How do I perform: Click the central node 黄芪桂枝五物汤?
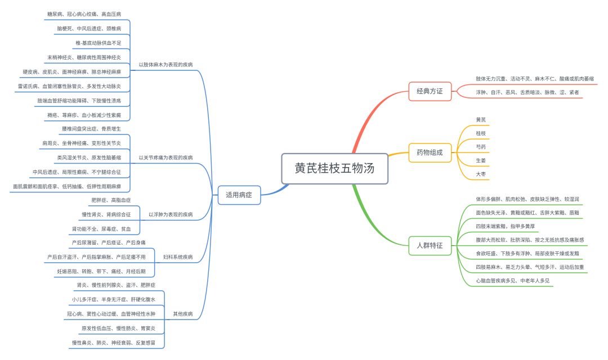tap(334, 168)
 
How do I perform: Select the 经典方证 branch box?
tap(430, 90)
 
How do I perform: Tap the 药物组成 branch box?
tap(430, 152)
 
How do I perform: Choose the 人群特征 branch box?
tap(430, 245)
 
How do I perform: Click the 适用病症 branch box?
tap(239, 195)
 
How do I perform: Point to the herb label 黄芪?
tap(481, 120)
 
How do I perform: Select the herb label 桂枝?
tap(481, 133)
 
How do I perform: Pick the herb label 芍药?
tap(481, 147)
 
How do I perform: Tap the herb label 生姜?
tap(481, 161)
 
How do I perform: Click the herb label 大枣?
tap(481, 175)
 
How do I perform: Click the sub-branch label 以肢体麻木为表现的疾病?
tap(166, 65)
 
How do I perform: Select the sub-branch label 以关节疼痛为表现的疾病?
tap(166, 157)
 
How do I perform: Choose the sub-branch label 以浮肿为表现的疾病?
tap(171, 214)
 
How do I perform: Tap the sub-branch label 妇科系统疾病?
tap(178, 257)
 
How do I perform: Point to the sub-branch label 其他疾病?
tap(182, 314)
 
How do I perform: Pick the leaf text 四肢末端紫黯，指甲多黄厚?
tap(506, 226)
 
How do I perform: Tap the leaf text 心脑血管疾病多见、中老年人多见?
tap(513, 280)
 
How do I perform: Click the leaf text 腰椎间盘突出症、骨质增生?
tap(92, 129)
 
